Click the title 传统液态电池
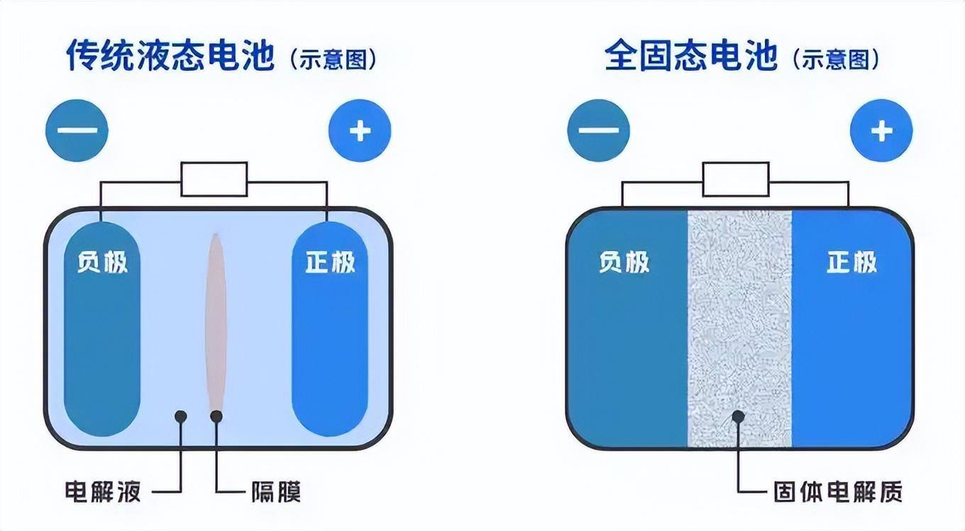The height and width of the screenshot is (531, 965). pos(170,55)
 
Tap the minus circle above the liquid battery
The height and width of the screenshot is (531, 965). pos(77,131)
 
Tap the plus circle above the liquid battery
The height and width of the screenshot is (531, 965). pos(360,131)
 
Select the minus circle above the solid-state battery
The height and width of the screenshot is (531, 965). pos(598,131)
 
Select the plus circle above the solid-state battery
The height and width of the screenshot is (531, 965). pos(881,131)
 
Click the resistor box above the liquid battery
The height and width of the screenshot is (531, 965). pos(214,179)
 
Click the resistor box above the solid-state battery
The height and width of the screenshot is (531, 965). pos(736,179)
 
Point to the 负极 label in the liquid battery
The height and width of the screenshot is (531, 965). pos(102,262)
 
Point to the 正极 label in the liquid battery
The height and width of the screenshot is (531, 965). pos(330,262)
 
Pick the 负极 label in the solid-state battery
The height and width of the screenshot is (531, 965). pos(624,262)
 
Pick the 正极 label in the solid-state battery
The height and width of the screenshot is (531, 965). pos(852,262)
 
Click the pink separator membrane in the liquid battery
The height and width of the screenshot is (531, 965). pos(216,319)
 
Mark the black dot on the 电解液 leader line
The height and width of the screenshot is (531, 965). pos(181,416)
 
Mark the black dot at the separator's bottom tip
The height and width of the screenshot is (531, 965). pos(216,416)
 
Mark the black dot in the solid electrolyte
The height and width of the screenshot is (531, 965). pos(739,416)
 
